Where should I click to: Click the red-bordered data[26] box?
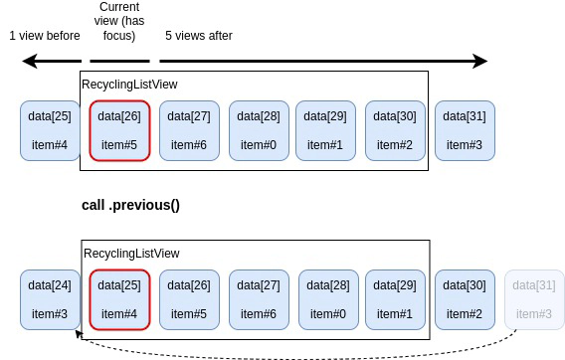coord(119,130)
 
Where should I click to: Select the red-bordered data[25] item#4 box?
coord(119,299)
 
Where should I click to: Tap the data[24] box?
coord(50,299)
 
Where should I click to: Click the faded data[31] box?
coord(534,299)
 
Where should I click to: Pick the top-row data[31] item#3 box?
coord(465,130)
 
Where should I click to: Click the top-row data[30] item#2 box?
coord(395,130)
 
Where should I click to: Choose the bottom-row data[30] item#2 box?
coord(465,299)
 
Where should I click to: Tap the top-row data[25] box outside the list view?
coord(50,130)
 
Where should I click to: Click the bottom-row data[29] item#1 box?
coord(395,299)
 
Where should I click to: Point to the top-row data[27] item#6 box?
coord(188,130)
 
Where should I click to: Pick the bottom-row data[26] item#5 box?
coord(188,299)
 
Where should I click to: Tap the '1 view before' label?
coord(45,36)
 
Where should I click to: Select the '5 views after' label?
coord(199,36)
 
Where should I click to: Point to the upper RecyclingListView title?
coord(129,85)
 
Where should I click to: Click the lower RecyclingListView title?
coord(129,254)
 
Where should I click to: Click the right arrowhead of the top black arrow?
coord(480,62)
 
